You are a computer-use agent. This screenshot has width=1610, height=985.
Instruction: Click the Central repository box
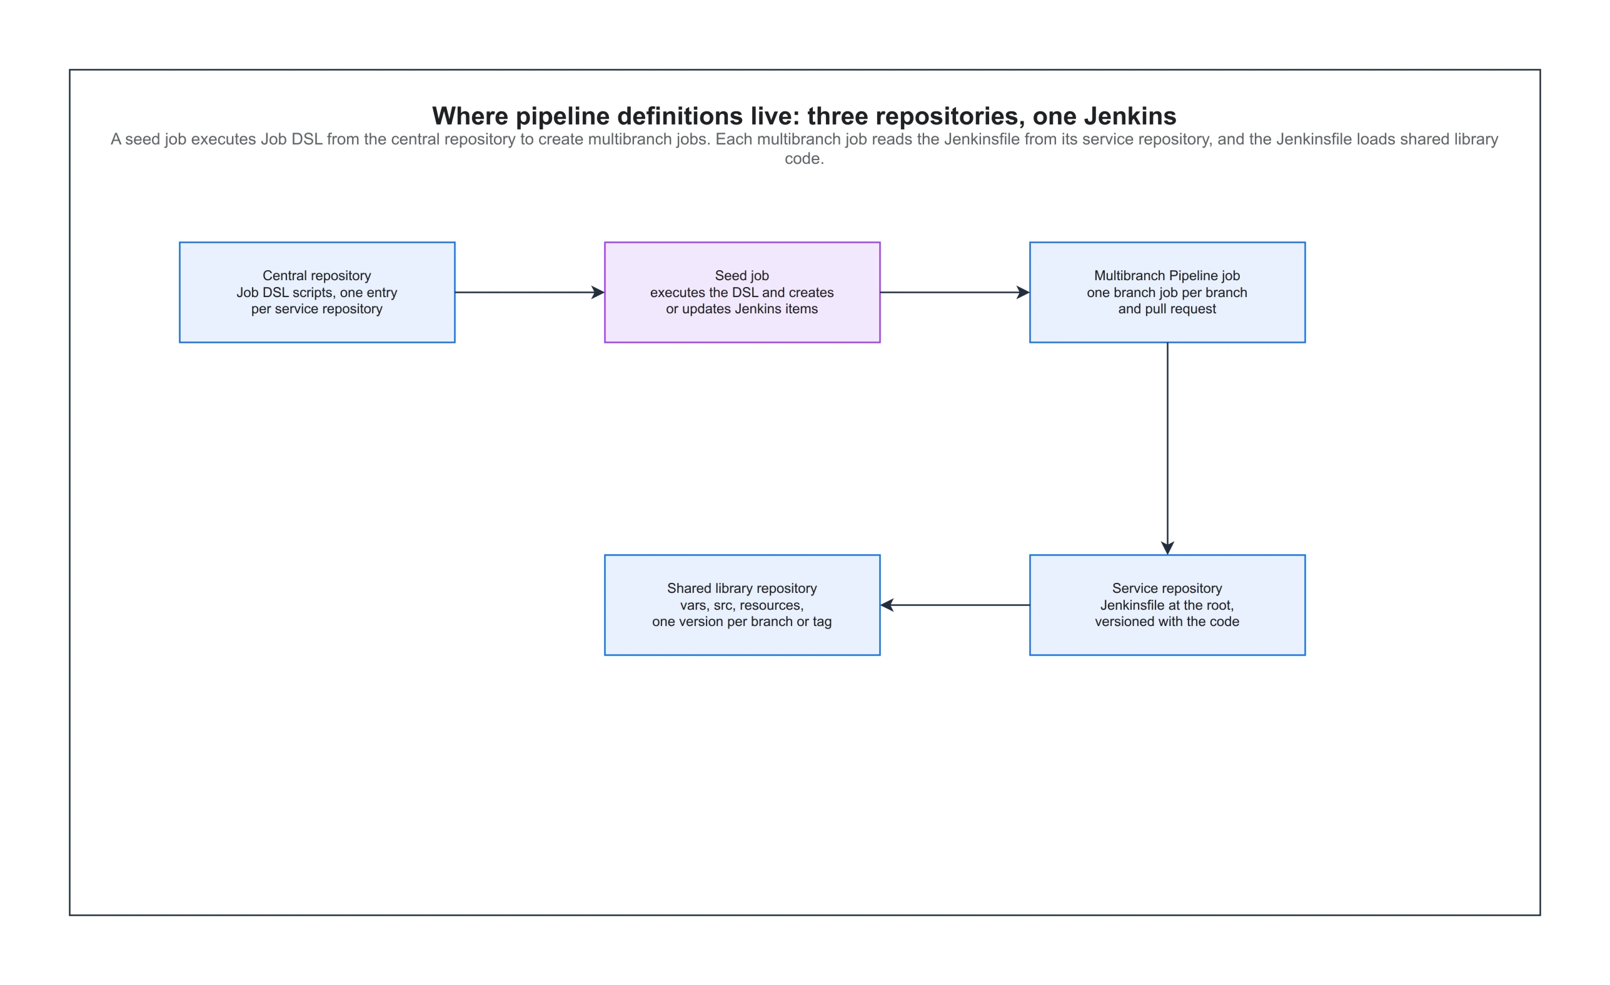[x=317, y=292]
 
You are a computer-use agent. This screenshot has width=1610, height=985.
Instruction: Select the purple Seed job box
[x=742, y=292]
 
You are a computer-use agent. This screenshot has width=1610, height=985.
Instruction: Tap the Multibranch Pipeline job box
[x=1167, y=292]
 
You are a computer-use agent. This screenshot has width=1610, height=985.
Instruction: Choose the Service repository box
[x=1167, y=605]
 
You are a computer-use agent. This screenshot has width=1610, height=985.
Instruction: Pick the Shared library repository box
[x=742, y=605]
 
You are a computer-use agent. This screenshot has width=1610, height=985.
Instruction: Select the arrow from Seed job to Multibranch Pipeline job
[x=955, y=292]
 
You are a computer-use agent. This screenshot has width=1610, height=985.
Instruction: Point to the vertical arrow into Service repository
[x=1168, y=448]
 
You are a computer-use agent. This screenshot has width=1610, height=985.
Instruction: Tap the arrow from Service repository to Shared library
[x=955, y=605]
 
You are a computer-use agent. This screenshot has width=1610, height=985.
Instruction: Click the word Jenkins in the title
[x=1130, y=116]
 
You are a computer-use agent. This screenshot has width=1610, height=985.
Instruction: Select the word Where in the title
[x=470, y=116]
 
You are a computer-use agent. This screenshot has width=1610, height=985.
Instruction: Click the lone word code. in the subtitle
[x=804, y=159]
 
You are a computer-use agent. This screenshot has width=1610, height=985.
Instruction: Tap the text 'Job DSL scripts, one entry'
[x=317, y=292]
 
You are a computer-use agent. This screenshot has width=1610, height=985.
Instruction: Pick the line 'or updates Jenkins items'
[x=742, y=308]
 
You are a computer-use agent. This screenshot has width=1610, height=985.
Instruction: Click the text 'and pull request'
[x=1167, y=308]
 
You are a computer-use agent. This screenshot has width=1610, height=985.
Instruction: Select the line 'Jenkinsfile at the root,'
[x=1167, y=605]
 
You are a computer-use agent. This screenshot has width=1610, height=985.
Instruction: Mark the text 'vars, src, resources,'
[x=742, y=605]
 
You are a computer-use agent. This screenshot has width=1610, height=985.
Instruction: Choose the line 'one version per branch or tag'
[x=742, y=622]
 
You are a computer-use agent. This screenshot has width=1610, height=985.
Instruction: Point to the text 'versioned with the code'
[x=1167, y=622]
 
